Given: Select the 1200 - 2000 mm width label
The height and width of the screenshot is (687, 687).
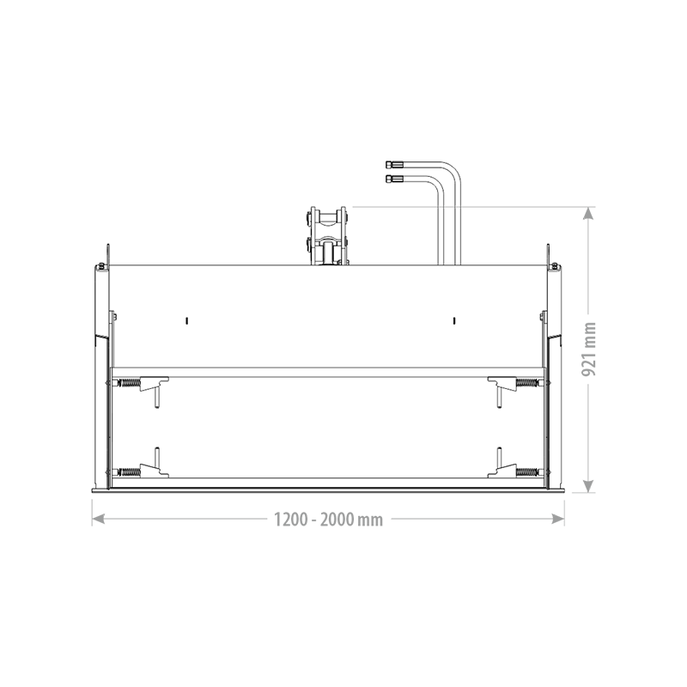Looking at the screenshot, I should click(328, 519).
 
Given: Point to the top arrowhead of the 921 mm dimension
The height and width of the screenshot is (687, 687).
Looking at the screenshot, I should click(588, 213).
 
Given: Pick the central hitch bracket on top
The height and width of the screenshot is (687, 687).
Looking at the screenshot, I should click(329, 236).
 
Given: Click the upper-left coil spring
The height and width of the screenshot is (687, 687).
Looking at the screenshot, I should click(128, 383).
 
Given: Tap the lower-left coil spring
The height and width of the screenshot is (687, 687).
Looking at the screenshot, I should click(128, 471).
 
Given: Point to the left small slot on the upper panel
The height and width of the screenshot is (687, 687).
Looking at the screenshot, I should click(185, 320).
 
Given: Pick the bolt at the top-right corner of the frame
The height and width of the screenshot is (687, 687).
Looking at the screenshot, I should click(555, 265).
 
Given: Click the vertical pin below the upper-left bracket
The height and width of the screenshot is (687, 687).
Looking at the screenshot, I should click(156, 398).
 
